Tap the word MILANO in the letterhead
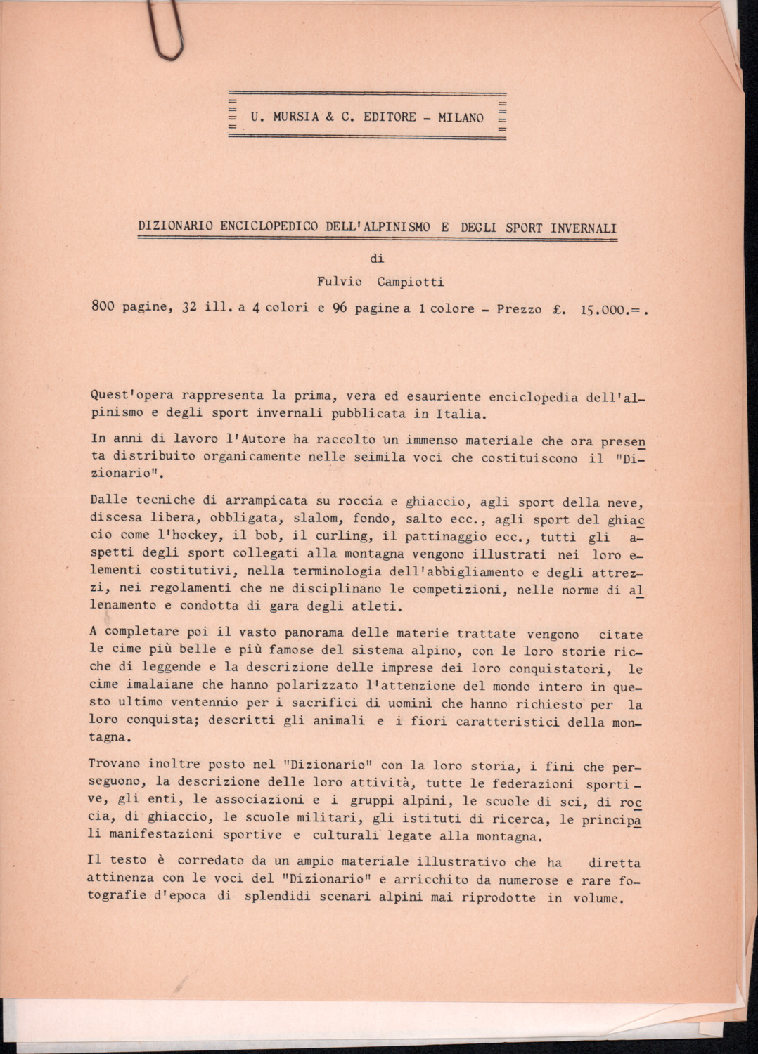pyautogui.click(x=461, y=117)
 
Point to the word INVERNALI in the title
pyautogui.click(x=584, y=228)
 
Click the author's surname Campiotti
pyautogui.click(x=411, y=282)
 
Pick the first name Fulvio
pyautogui.click(x=340, y=282)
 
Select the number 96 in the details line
pyautogui.click(x=340, y=308)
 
